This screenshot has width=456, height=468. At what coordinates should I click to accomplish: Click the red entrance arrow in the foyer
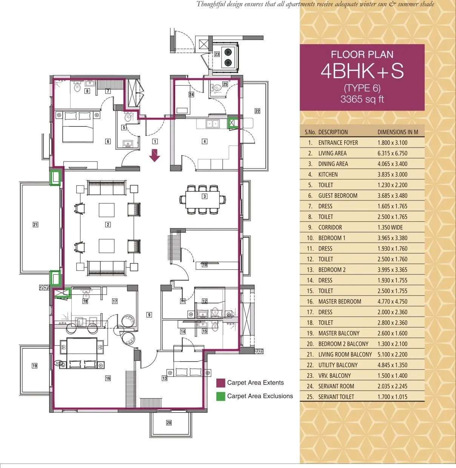154,155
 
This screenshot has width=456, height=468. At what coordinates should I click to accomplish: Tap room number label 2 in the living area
108,225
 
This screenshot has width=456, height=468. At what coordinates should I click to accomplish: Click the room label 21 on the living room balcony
35,225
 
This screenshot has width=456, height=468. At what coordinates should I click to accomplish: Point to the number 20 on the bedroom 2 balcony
169,423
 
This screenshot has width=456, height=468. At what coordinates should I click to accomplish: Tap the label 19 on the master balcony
35,366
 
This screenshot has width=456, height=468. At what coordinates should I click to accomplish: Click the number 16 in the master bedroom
108,378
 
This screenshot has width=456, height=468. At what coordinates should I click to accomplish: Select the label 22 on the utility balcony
257,111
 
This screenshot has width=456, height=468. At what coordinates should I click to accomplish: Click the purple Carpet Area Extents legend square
220,383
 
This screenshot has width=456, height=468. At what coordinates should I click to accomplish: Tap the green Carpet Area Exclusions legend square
220,396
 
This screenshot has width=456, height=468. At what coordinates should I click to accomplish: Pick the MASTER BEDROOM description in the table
339,302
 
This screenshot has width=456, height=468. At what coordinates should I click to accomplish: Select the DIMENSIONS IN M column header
397,132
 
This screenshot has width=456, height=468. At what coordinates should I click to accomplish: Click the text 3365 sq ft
362,99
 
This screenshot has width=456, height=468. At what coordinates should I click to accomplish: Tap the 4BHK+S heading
362,71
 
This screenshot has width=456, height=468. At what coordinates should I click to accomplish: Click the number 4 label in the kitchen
205,142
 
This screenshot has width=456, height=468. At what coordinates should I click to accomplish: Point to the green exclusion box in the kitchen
232,123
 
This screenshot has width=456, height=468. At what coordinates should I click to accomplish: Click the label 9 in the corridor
149,315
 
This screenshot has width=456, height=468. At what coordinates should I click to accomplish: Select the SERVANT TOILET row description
336,397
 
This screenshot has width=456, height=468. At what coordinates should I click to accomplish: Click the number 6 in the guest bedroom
108,142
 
